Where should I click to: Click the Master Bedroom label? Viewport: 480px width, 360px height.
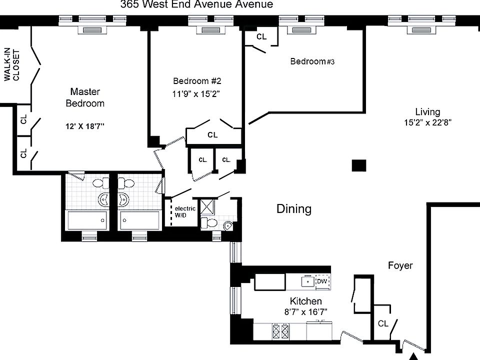point(85,97)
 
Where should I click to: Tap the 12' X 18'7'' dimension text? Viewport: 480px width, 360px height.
point(85,126)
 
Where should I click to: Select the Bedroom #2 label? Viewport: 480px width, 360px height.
point(197,81)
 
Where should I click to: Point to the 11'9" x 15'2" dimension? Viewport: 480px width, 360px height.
point(196,93)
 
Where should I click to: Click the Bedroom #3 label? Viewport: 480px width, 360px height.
point(312,61)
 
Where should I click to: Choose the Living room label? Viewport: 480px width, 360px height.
point(427,111)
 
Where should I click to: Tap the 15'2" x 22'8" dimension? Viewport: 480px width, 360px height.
point(427,122)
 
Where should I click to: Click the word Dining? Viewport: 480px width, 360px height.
point(294,209)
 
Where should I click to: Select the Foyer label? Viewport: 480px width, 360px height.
point(400,265)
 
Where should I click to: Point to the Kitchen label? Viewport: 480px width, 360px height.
point(305,301)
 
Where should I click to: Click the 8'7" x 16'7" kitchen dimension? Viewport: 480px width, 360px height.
point(305,312)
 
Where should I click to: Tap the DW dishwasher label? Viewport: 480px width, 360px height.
point(322,281)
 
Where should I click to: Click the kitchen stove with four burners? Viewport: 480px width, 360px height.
point(280,331)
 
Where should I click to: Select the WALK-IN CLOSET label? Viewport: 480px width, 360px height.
point(11,64)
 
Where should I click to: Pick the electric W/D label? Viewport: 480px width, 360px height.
point(184,212)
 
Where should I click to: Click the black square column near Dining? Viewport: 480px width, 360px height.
point(359,165)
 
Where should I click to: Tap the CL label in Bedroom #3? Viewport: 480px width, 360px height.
point(261,36)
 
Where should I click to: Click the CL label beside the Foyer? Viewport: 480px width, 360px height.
point(382,323)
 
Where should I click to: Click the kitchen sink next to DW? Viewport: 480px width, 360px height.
point(307,281)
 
